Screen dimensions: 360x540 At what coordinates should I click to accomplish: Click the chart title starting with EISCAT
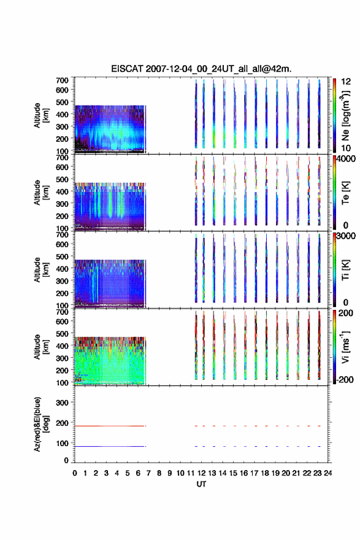pyautogui.click(x=201, y=69)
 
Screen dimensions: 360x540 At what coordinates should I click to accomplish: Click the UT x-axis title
pyautogui.click(x=201, y=484)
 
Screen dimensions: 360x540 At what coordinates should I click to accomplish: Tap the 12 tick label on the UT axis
pyautogui.click(x=201, y=473)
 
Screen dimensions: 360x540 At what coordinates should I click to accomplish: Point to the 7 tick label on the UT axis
pyautogui.click(x=148, y=473)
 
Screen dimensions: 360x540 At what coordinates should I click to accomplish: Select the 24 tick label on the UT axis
pyautogui.click(x=327, y=473)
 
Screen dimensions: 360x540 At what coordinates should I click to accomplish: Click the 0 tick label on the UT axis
pyautogui.click(x=75, y=473)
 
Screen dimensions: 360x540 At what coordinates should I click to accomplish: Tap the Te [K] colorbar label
pyautogui.click(x=345, y=193)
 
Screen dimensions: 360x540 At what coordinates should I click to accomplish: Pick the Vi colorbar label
pyautogui.click(x=345, y=347)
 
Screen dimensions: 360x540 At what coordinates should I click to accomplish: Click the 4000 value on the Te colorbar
pyautogui.click(x=347, y=159)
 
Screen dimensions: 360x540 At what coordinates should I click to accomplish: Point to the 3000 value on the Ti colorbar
pyautogui.click(x=347, y=236)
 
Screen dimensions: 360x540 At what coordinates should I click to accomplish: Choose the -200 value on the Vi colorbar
pyautogui.click(x=345, y=379)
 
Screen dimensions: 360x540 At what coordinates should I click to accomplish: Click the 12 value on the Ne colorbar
pyautogui.click(x=346, y=82)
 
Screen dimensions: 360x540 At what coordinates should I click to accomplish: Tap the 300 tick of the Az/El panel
pyautogui.click(x=62, y=403)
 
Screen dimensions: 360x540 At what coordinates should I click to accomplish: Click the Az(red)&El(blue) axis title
pyautogui.click(x=41, y=424)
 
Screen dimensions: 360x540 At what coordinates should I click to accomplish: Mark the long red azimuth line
pyautogui.click(x=110, y=426)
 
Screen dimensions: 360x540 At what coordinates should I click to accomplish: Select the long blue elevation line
pyautogui.click(x=110, y=446)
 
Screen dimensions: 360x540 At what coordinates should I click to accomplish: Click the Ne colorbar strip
pyautogui.click(x=334, y=115)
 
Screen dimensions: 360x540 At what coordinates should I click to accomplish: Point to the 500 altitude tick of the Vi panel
pyautogui.click(x=62, y=333)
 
